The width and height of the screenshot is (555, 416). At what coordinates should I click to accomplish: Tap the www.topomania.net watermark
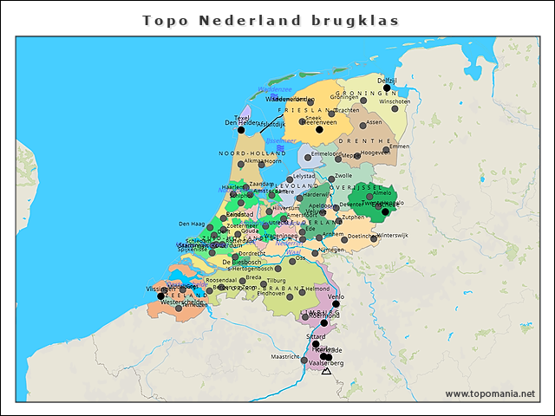[490, 393]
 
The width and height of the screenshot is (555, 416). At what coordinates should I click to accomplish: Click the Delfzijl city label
[387, 80]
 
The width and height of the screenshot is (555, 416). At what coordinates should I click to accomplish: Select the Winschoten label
[395, 101]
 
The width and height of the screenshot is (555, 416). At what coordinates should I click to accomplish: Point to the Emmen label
[399, 146]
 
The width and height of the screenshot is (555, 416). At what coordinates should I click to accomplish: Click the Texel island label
[242, 116]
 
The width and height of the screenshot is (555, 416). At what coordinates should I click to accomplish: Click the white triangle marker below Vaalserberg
[325, 371]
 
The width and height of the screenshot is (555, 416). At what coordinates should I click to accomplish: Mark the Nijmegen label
[331, 250]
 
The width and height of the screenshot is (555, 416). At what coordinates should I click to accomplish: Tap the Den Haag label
[191, 224]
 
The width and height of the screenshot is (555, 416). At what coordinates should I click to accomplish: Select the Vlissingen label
[160, 288]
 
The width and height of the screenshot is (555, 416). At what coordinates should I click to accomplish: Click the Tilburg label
[276, 281]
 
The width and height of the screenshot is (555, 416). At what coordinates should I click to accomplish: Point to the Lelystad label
[304, 175]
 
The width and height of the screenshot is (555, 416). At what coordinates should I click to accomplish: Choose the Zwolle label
[343, 176]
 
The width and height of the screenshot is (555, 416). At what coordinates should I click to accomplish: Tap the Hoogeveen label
[375, 152]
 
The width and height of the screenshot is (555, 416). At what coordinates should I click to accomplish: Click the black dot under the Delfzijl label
[387, 88]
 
